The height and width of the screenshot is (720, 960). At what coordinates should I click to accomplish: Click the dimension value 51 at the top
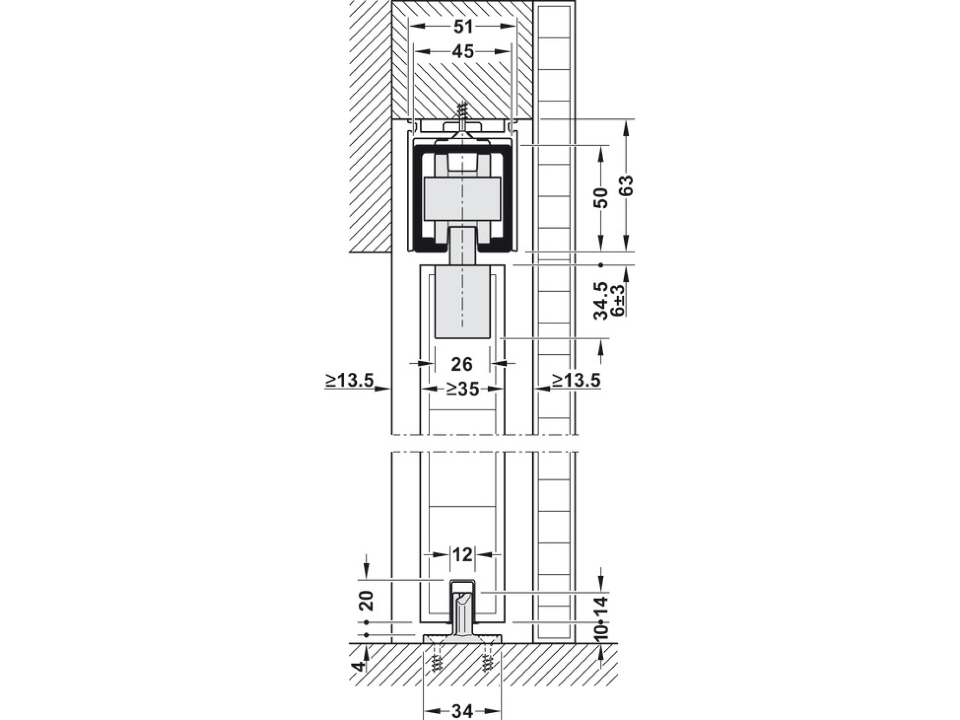point(462,26)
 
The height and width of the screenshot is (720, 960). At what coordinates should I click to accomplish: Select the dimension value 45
point(462,52)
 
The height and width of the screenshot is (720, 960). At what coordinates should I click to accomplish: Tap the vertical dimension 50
point(601,198)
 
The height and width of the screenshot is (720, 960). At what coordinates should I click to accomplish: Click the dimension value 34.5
point(601,301)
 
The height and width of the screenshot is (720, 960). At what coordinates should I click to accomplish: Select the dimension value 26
point(462,364)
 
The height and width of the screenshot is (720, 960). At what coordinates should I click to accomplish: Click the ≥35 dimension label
point(462,389)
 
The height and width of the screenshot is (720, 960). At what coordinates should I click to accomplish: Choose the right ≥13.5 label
point(576,380)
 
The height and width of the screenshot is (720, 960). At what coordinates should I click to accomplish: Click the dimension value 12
point(462,555)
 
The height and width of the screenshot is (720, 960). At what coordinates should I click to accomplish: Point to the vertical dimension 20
point(367,601)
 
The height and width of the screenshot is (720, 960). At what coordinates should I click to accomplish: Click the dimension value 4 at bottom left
point(360,666)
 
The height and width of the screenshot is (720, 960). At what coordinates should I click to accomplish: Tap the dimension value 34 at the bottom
point(462,711)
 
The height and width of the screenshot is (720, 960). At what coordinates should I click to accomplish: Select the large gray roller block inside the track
point(462,199)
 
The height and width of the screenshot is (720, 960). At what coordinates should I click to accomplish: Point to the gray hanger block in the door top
point(462,302)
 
